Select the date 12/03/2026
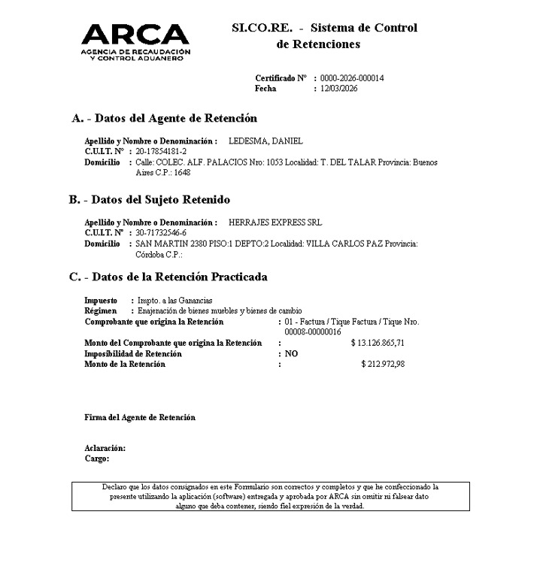click(x=338, y=89)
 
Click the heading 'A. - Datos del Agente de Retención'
click(x=164, y=118)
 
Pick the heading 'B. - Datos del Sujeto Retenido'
click(x=150, y=200)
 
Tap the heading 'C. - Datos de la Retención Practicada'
click(x=168, y=277)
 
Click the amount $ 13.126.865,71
click(x=389, y=343)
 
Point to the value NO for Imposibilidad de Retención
click(x=291, y=353)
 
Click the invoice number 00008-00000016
click(x=313, y=331)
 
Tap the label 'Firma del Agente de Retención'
click(x=139, y=417)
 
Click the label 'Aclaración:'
click(x=105, y=448)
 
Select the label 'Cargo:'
click(x=97, y=458)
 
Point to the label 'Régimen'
click(x=101, y=310)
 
